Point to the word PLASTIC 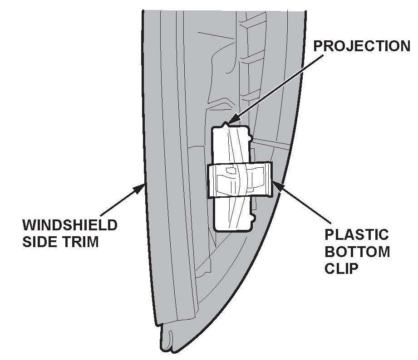pos(357,235)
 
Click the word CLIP pos(342,268)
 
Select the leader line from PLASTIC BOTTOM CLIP pos(302,201)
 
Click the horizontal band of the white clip pos(240,180)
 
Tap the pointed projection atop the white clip pos(225,123)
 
